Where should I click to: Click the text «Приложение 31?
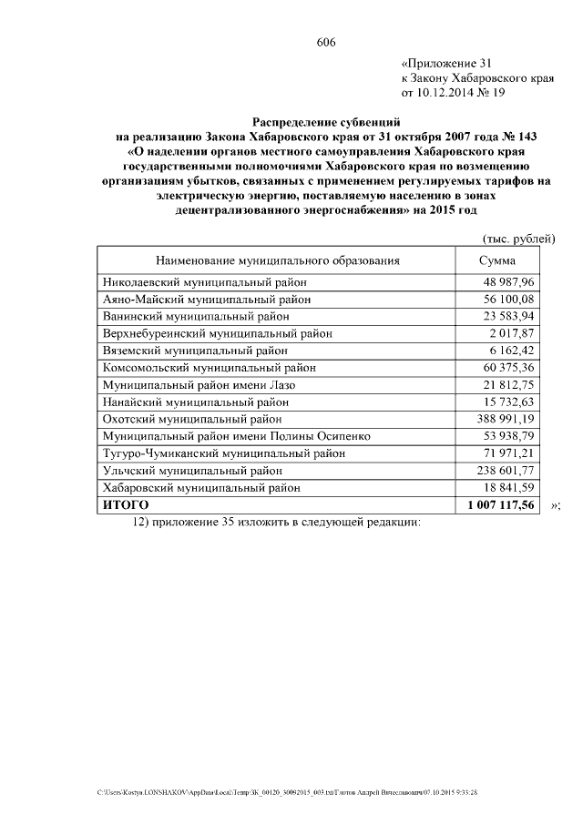coord(446,64)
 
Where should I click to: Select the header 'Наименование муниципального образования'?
coord(277,260)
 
